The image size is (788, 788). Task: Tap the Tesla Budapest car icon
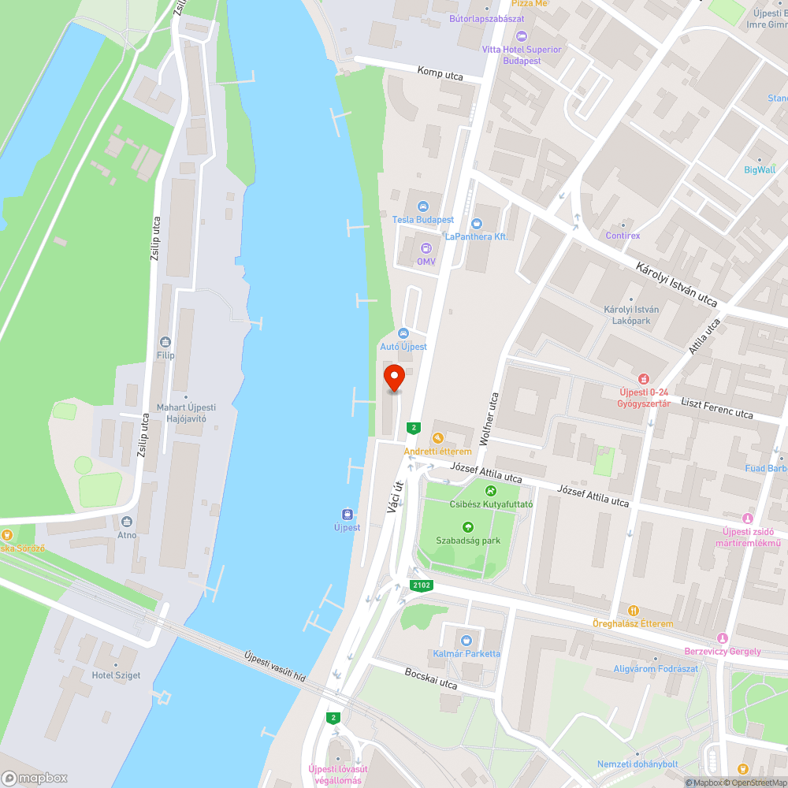[x=423, y=206]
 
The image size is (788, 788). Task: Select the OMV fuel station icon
[x=426, y=248]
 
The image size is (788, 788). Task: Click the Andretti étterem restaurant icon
[x=437, y=437]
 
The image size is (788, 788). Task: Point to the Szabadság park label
[x=468, y=541]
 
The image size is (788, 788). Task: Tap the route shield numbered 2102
[x=420, y=585]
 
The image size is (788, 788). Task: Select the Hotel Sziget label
[x=115, y=675]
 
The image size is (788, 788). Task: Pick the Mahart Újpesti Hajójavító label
[x=186, y=413]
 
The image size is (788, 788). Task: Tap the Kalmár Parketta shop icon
[x=466, y=640]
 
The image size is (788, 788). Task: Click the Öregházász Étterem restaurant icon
[x=633, y=610]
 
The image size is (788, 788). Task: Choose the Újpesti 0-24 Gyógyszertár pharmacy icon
[x=644, y=379]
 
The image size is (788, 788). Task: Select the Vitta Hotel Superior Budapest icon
[x=521, y=35]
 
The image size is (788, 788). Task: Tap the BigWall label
[x=760, y=169]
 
